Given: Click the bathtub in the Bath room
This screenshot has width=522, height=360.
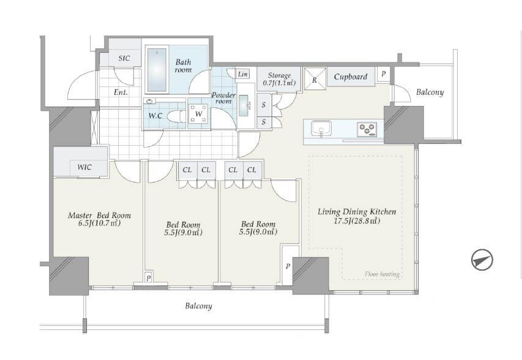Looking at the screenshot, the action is click(x=157, y=70).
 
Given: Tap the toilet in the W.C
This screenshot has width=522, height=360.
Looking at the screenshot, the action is click(x=176, y=116).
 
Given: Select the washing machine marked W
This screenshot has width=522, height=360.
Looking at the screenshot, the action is click(x=198, y=114).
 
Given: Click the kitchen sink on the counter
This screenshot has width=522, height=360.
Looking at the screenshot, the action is click(x=321, y=129).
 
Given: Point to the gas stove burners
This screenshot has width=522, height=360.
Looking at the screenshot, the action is click(x=367, y=129).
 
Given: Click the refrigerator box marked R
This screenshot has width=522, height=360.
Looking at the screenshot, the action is click(x=315, y=80).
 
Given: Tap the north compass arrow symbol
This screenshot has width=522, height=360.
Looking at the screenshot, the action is click(x=482, y=260).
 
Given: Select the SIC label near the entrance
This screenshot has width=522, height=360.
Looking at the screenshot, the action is click(x=124, y=58).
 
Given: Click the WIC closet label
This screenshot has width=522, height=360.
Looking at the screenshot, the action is click(x=84, y=167).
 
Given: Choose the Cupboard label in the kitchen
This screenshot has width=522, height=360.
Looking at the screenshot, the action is click(x=351, y=77).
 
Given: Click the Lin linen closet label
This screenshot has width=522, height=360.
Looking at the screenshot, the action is click(x=243, y=74).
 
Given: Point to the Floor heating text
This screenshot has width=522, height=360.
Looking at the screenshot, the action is click(x=382, y=274).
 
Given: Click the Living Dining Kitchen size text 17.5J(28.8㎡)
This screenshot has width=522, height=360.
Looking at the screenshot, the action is click(x=357, y=220).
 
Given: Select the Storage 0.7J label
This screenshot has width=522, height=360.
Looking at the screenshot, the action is click(x=279, y=79).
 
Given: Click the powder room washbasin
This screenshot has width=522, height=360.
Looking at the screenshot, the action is click(x=244, y=105).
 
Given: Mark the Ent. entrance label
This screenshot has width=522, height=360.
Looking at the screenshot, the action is click(x=121, y=92).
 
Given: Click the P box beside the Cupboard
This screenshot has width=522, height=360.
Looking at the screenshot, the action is click(x=383, y=73).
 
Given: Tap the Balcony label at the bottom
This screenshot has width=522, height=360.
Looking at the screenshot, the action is click(x=198, y=306).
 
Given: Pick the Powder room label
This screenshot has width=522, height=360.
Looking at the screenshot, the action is click(x=224, y=98).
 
